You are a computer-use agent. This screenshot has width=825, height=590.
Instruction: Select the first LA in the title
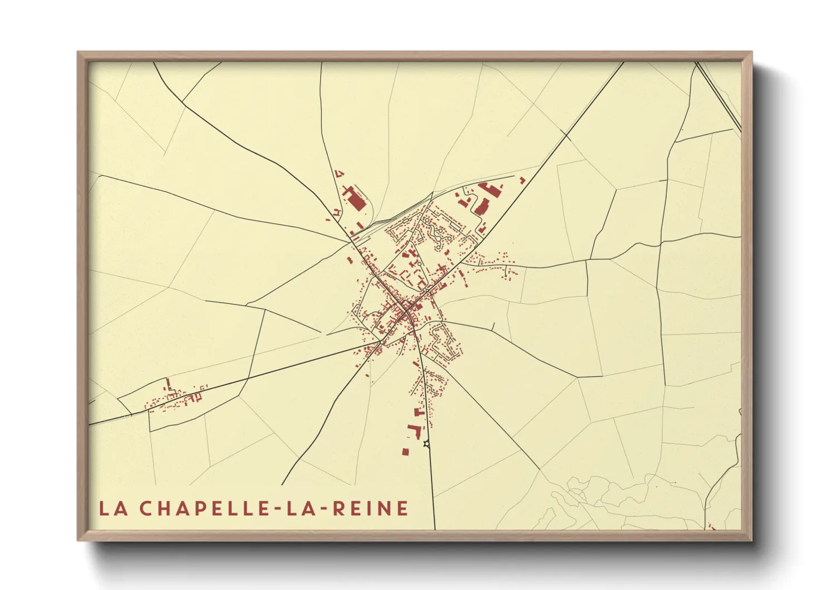[x=112, y=508]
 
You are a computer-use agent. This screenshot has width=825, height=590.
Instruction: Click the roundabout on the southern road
[x=427, y=444]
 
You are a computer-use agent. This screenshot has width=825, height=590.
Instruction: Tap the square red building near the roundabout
[x=406, y=451]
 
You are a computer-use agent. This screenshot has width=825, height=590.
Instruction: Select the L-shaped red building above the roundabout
[x=415, y=431]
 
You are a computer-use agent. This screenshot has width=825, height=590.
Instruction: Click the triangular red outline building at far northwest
[x=341, y=173]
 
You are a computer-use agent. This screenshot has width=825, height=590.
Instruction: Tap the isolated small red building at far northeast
[x=522, y=180]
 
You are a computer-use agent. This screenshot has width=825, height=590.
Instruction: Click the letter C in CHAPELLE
[x=145, y=508]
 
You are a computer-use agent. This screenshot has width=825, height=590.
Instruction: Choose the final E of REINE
[x=402, y=508]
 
